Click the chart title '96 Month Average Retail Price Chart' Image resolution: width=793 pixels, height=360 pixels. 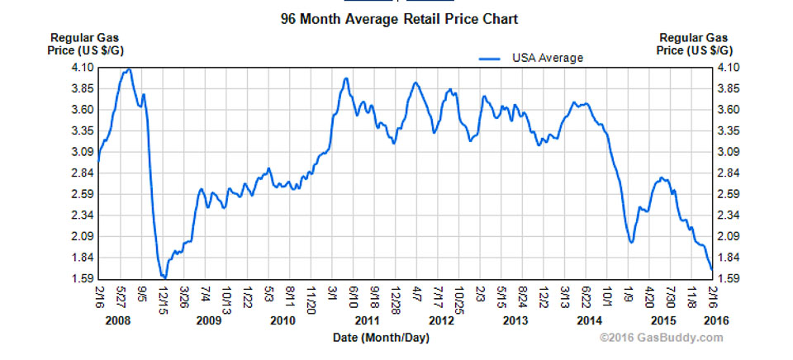400,18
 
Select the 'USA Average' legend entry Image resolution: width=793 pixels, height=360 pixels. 547,58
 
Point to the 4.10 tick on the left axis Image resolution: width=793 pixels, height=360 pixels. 81,68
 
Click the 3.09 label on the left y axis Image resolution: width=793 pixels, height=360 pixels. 81,152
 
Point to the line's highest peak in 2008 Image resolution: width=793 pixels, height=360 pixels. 128,69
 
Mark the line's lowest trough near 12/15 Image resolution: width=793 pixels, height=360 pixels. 164,277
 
